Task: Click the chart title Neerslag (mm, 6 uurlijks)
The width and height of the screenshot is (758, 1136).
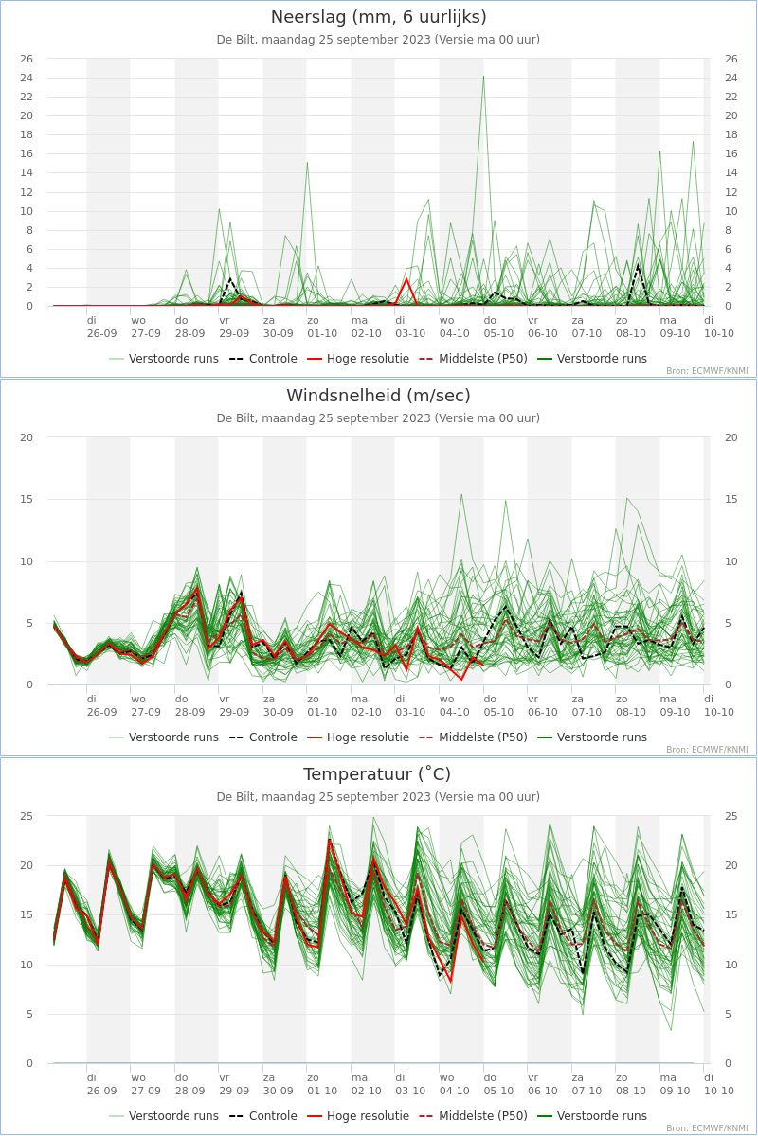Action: coord(379,17)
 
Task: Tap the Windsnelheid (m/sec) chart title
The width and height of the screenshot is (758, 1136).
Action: coord(379,396)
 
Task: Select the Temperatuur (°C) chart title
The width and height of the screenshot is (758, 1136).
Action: coord(377,774)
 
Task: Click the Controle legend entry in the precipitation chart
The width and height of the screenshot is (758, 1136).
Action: coord(263,359)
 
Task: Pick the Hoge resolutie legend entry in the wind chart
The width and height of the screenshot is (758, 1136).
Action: coord(358,737)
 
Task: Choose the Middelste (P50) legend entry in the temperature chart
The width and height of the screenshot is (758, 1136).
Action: coord(474,1116)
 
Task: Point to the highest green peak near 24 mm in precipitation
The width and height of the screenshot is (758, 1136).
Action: coord(483,77)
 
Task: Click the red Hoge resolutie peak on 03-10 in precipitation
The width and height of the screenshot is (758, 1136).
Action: coord(406,278)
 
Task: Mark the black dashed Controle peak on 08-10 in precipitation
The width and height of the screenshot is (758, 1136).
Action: coord(639,264)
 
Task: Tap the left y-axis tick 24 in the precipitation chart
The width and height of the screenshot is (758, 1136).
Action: coord(27,78)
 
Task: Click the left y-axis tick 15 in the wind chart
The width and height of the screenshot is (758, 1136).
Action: coord(27,499)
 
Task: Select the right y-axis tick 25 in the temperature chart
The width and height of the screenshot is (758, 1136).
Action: coord(731,816)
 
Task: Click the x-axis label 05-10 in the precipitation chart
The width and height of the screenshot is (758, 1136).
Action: coord(498,333)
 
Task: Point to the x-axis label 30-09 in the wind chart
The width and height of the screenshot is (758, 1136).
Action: coord(279,712)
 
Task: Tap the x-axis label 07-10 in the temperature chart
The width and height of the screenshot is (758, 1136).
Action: coord(587,1091)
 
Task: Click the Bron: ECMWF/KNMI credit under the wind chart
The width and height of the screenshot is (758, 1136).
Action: coord(707,750)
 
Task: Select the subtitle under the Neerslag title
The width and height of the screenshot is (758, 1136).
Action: coord(378,40)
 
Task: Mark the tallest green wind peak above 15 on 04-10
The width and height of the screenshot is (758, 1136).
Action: coord(461,494)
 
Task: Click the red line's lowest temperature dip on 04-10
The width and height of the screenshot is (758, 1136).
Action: coord(451,982)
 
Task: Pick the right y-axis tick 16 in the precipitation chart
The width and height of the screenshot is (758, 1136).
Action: coord(731,153)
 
